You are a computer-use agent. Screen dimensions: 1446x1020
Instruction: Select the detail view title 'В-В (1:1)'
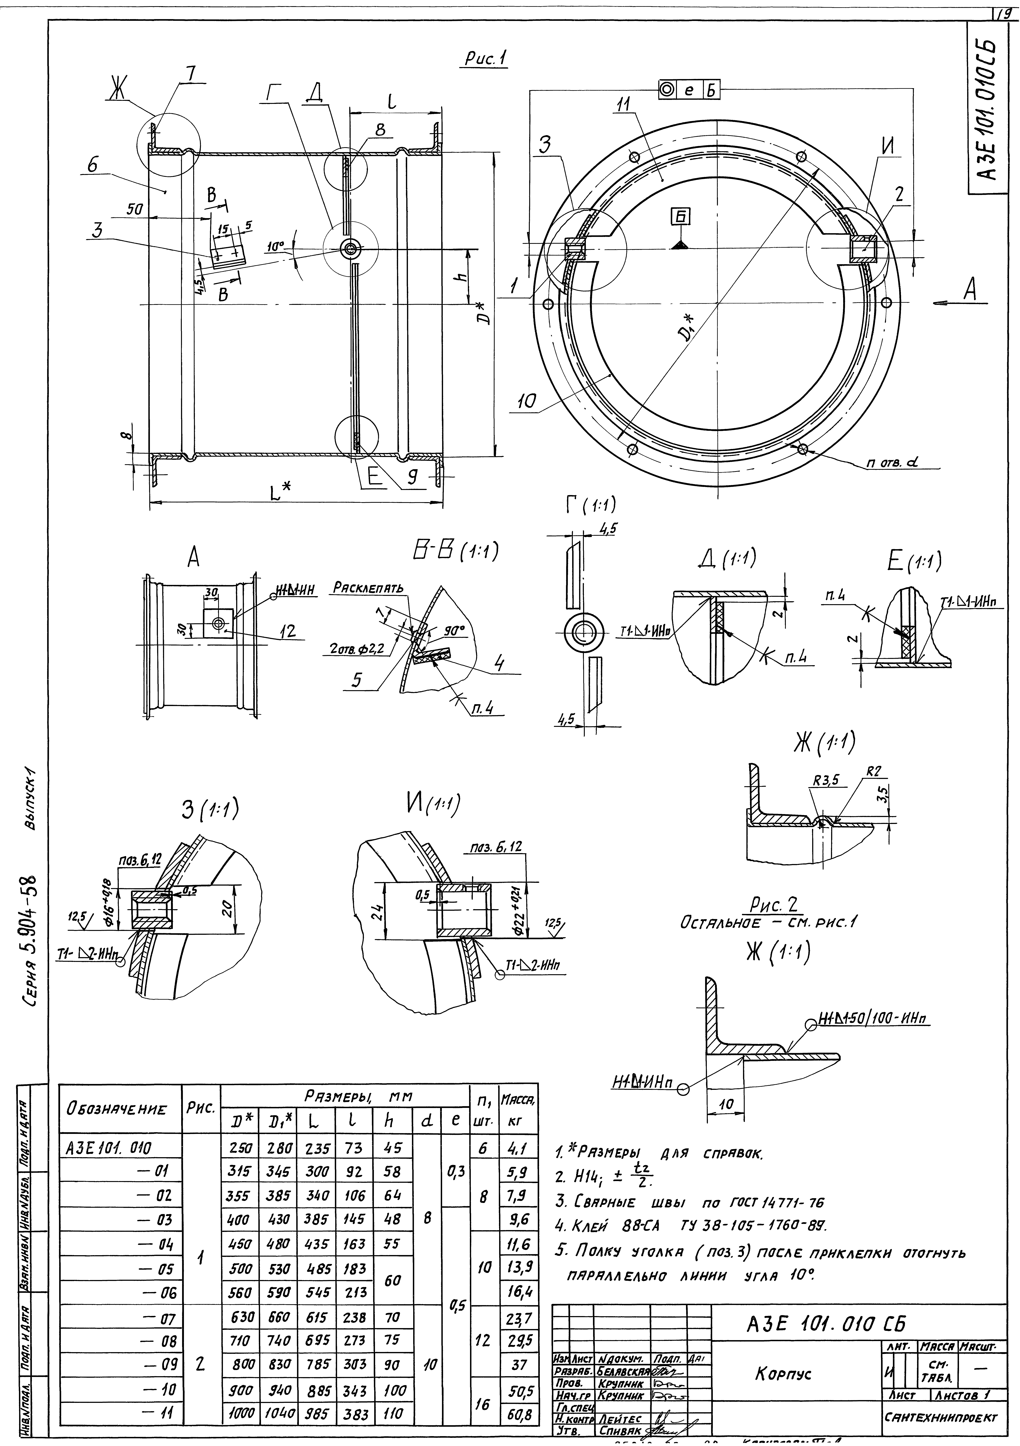[x=452, y=552]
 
